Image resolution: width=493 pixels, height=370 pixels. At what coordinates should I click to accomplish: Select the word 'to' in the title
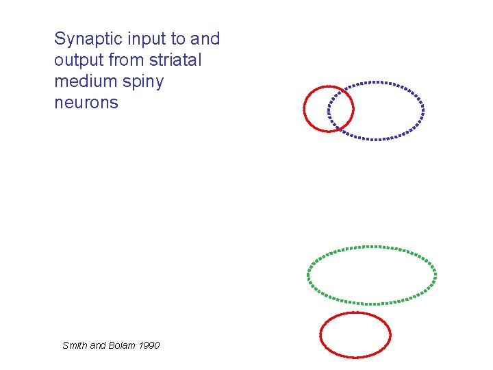[x=170, y=39]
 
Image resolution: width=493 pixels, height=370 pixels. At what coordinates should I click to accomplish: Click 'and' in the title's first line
[x=205, y=38]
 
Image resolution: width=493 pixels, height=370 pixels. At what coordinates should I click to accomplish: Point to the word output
[x=78, y=60]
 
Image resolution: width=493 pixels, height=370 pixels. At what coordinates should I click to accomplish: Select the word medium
[x=84, y=82]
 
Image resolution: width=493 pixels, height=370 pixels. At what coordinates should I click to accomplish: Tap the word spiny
[x=141, y=82]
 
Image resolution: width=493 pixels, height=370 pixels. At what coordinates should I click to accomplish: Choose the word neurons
[x=86, y=103]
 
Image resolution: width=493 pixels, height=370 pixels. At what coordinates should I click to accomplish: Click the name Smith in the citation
[x=75, y=345]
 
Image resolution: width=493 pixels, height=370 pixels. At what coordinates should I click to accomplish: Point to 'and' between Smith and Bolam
[x=99, y=345]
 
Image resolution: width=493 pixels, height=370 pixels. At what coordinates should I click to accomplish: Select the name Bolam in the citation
[x=123, y=345]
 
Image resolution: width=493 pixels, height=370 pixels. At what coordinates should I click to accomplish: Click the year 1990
[x=149, y=345]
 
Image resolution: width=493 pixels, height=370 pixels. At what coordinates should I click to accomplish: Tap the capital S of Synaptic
[x=60, y=39]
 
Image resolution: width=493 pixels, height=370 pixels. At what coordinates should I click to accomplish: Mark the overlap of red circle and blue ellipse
[x=341, y=108]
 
